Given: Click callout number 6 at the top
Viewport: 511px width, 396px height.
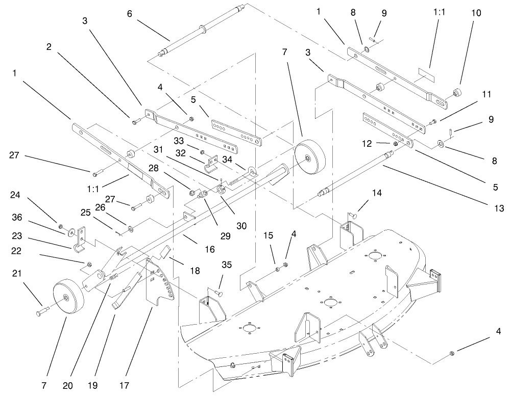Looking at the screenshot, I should coord(129,14).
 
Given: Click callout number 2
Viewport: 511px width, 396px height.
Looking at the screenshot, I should coord(50,47).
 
